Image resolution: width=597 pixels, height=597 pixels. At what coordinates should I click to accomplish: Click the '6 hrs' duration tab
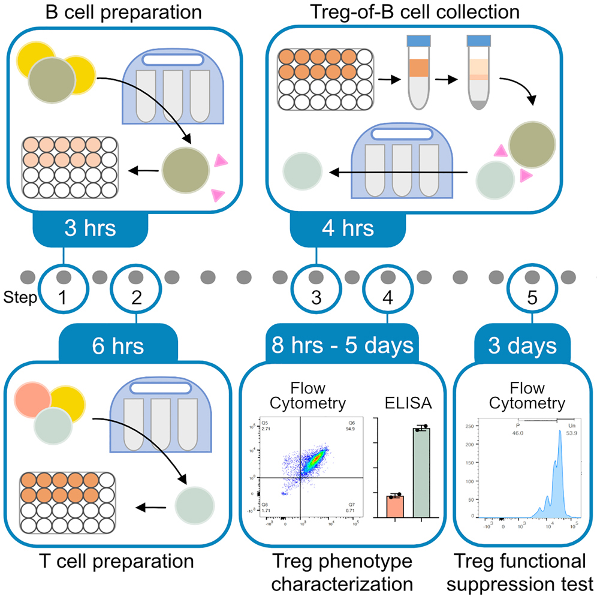tap(119, 346)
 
